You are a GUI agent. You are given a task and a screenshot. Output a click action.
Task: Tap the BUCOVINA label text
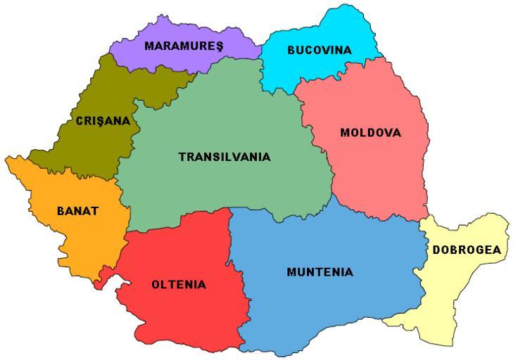pos(319,50)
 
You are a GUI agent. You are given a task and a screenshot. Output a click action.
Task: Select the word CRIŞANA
pos(103,121)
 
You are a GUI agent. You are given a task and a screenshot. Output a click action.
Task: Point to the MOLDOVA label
pos(370,132)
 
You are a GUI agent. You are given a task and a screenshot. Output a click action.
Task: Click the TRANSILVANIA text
pos(225,157)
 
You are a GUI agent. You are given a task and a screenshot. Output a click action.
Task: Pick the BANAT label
pos(78,210)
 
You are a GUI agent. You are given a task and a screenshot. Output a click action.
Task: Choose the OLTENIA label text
pos(179,285)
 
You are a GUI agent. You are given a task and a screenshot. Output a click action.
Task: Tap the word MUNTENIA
pos(320,271)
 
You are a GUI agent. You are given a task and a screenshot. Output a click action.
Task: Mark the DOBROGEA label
pos(467,250)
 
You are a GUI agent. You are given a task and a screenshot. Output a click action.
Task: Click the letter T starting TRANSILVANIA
pos(182,157)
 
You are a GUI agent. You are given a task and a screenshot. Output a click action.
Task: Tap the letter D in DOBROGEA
pos(436,250)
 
